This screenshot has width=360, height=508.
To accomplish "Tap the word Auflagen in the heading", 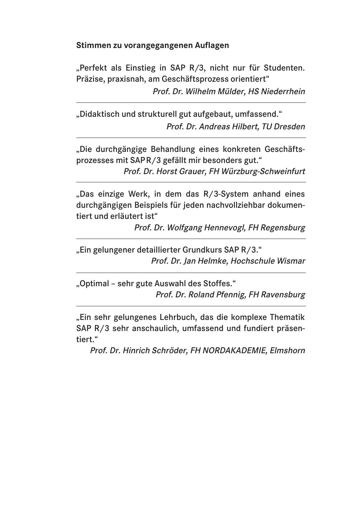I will pos(212,45).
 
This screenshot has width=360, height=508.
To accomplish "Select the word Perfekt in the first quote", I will pos(92,68).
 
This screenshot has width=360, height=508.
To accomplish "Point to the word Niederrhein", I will pos(283,92).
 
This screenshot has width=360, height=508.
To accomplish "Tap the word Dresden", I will pos(289,127).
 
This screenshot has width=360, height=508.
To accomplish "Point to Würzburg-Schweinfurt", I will pos(263,172).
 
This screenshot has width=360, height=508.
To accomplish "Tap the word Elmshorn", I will pos(287,351).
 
